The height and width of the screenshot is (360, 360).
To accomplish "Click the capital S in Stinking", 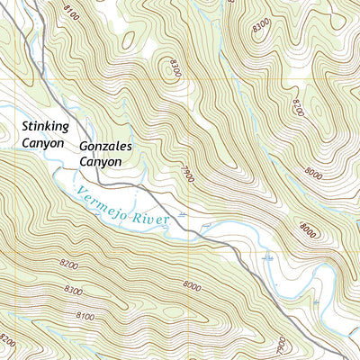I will click(27, 124).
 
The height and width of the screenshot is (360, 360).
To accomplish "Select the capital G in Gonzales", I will click(84, 145).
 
